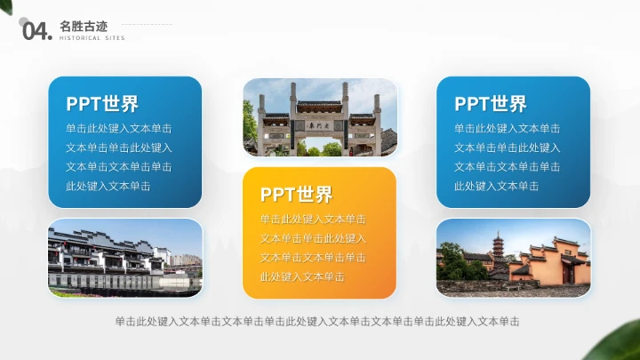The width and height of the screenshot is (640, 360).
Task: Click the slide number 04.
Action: [x=36, y=32]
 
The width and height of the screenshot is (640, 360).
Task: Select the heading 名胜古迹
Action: [x=82, y=26]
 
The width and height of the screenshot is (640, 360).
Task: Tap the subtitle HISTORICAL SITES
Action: [x=92, y=38]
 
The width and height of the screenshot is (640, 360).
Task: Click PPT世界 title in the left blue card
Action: [x=101, y=104]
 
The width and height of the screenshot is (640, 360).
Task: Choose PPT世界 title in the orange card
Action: [x=296, y=195]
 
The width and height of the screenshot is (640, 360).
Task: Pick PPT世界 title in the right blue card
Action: [x=490, y=104]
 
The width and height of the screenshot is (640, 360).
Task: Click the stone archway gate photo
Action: [x=320, y=118]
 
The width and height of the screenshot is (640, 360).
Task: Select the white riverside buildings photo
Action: [x=124, y=258]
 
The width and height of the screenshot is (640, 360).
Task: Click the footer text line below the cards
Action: [x=317, y=321]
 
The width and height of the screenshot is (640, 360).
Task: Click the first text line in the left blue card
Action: [x=119, y=129]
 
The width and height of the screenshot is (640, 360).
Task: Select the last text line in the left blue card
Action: [x=108, y=186]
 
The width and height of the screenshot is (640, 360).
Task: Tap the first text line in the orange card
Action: [x=313, y=220]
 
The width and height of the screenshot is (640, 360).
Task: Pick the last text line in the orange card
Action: [x=302, y=276]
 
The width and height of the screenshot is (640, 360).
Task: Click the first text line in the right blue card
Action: [x=507, y=129]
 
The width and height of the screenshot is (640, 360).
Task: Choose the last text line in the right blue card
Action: [x=496, y=186]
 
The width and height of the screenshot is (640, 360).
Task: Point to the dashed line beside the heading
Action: [x=147, y=25]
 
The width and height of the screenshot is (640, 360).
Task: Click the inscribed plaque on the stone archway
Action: [x=320, y=127]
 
